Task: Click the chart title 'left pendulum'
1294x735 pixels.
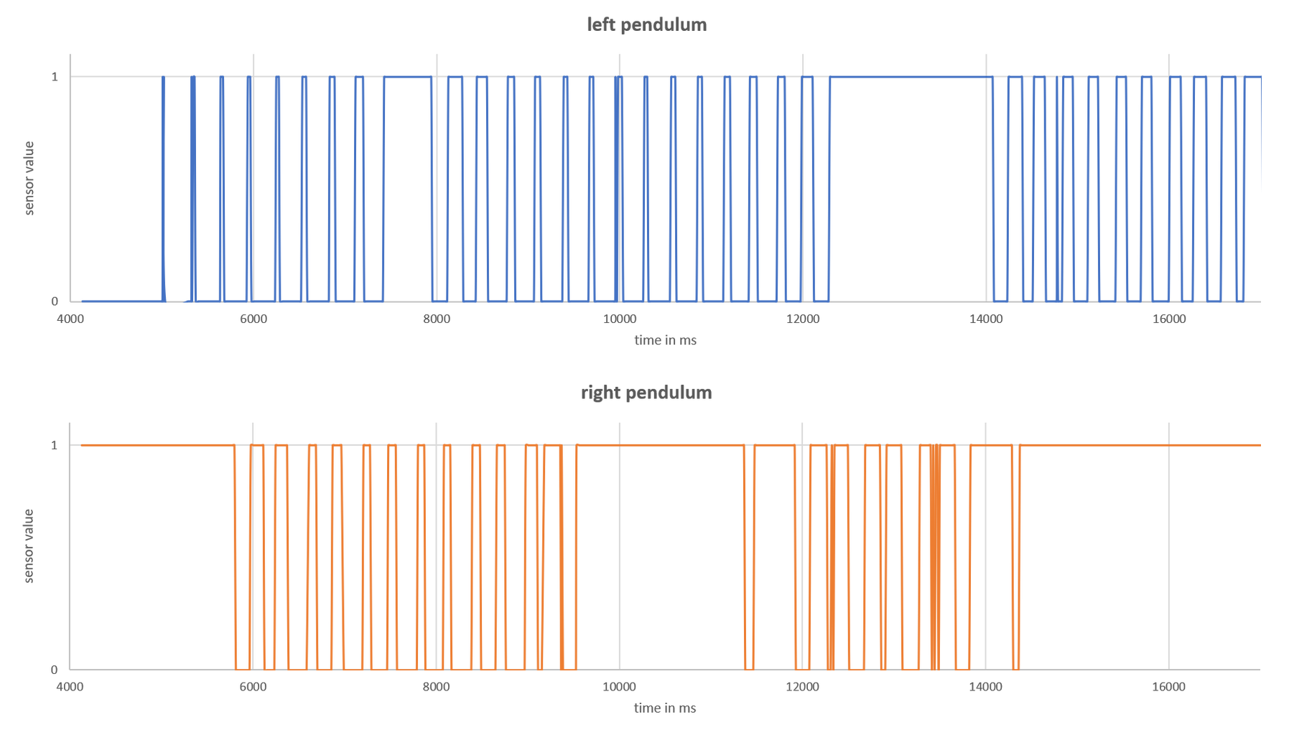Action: click(646, 25)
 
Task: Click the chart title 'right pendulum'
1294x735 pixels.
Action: click(646, 393)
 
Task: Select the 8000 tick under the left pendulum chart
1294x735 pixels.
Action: click(436, 319)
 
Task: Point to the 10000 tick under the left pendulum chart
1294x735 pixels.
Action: click(619, 319)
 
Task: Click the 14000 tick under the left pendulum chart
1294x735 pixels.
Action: click(986, 319)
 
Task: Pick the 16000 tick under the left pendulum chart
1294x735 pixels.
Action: click(1169, 319)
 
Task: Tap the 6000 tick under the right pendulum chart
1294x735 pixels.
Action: click(253, 687)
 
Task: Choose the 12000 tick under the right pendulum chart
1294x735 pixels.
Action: click(802, 687)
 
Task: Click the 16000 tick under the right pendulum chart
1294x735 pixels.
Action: click(1169, 687)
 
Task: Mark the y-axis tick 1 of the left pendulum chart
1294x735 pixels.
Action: click(54, 76)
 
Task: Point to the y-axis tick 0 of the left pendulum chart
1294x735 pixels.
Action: click(54, 301)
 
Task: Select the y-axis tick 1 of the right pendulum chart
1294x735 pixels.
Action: click(54, 445)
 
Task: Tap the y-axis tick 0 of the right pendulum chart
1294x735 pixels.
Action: click(54, 670)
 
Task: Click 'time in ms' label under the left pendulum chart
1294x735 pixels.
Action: click(665, 340)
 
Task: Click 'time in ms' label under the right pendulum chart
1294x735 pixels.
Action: click(665, 708)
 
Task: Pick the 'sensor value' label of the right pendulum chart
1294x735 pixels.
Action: click(29, 546)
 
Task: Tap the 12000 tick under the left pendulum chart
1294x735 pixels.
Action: click(802, 319)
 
